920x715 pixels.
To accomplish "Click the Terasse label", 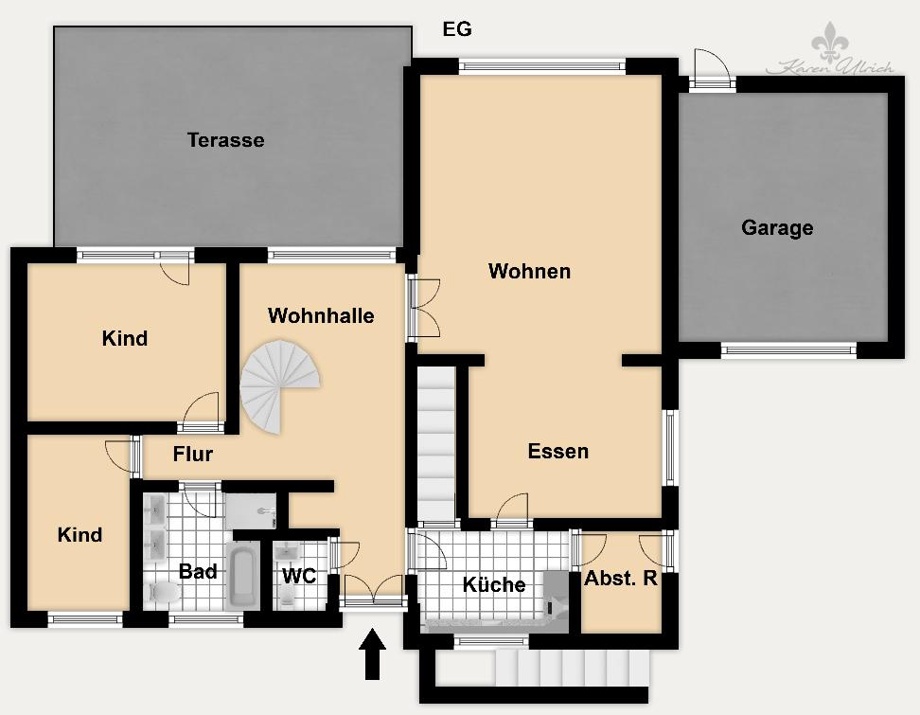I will click(x=225, y=140).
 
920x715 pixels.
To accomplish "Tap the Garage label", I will click(x=777, y=228).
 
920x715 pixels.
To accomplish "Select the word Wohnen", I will click(x=529, y=272).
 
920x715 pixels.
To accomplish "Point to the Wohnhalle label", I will click(x=321, y=316).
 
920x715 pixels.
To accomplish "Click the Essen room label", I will click(x=557, y=452).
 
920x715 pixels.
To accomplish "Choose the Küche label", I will click(x=493, y=585).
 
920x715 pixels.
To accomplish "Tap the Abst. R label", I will click(x=620, y=579).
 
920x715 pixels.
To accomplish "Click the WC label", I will click(x=298, y=576).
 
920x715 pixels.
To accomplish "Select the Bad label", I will click(x=198, y=572).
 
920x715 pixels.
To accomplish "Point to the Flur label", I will click(x=192, y=455).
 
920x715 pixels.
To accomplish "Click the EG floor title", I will click(x=457, y=29).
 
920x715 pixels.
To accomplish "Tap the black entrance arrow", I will click(x=373, y=653).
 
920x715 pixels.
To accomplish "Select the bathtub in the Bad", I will click(x=243, y=575).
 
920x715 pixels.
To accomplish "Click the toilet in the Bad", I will click(x=165, y=593).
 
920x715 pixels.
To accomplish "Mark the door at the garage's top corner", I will click(x=711, y=68).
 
